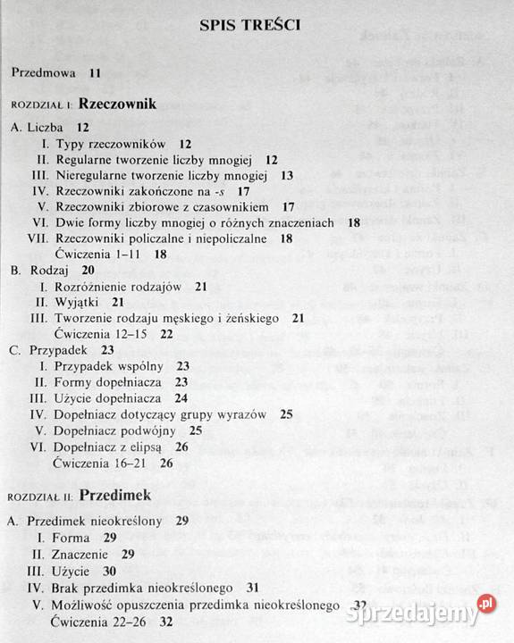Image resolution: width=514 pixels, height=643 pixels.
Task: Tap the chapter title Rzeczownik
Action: [x=117, y=104]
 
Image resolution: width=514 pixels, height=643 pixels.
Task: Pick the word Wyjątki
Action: [x=79, y=302]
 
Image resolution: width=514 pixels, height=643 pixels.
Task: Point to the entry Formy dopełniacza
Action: [x=112, y=381]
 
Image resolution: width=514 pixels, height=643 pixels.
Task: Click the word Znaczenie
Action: [x=84, y=554]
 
